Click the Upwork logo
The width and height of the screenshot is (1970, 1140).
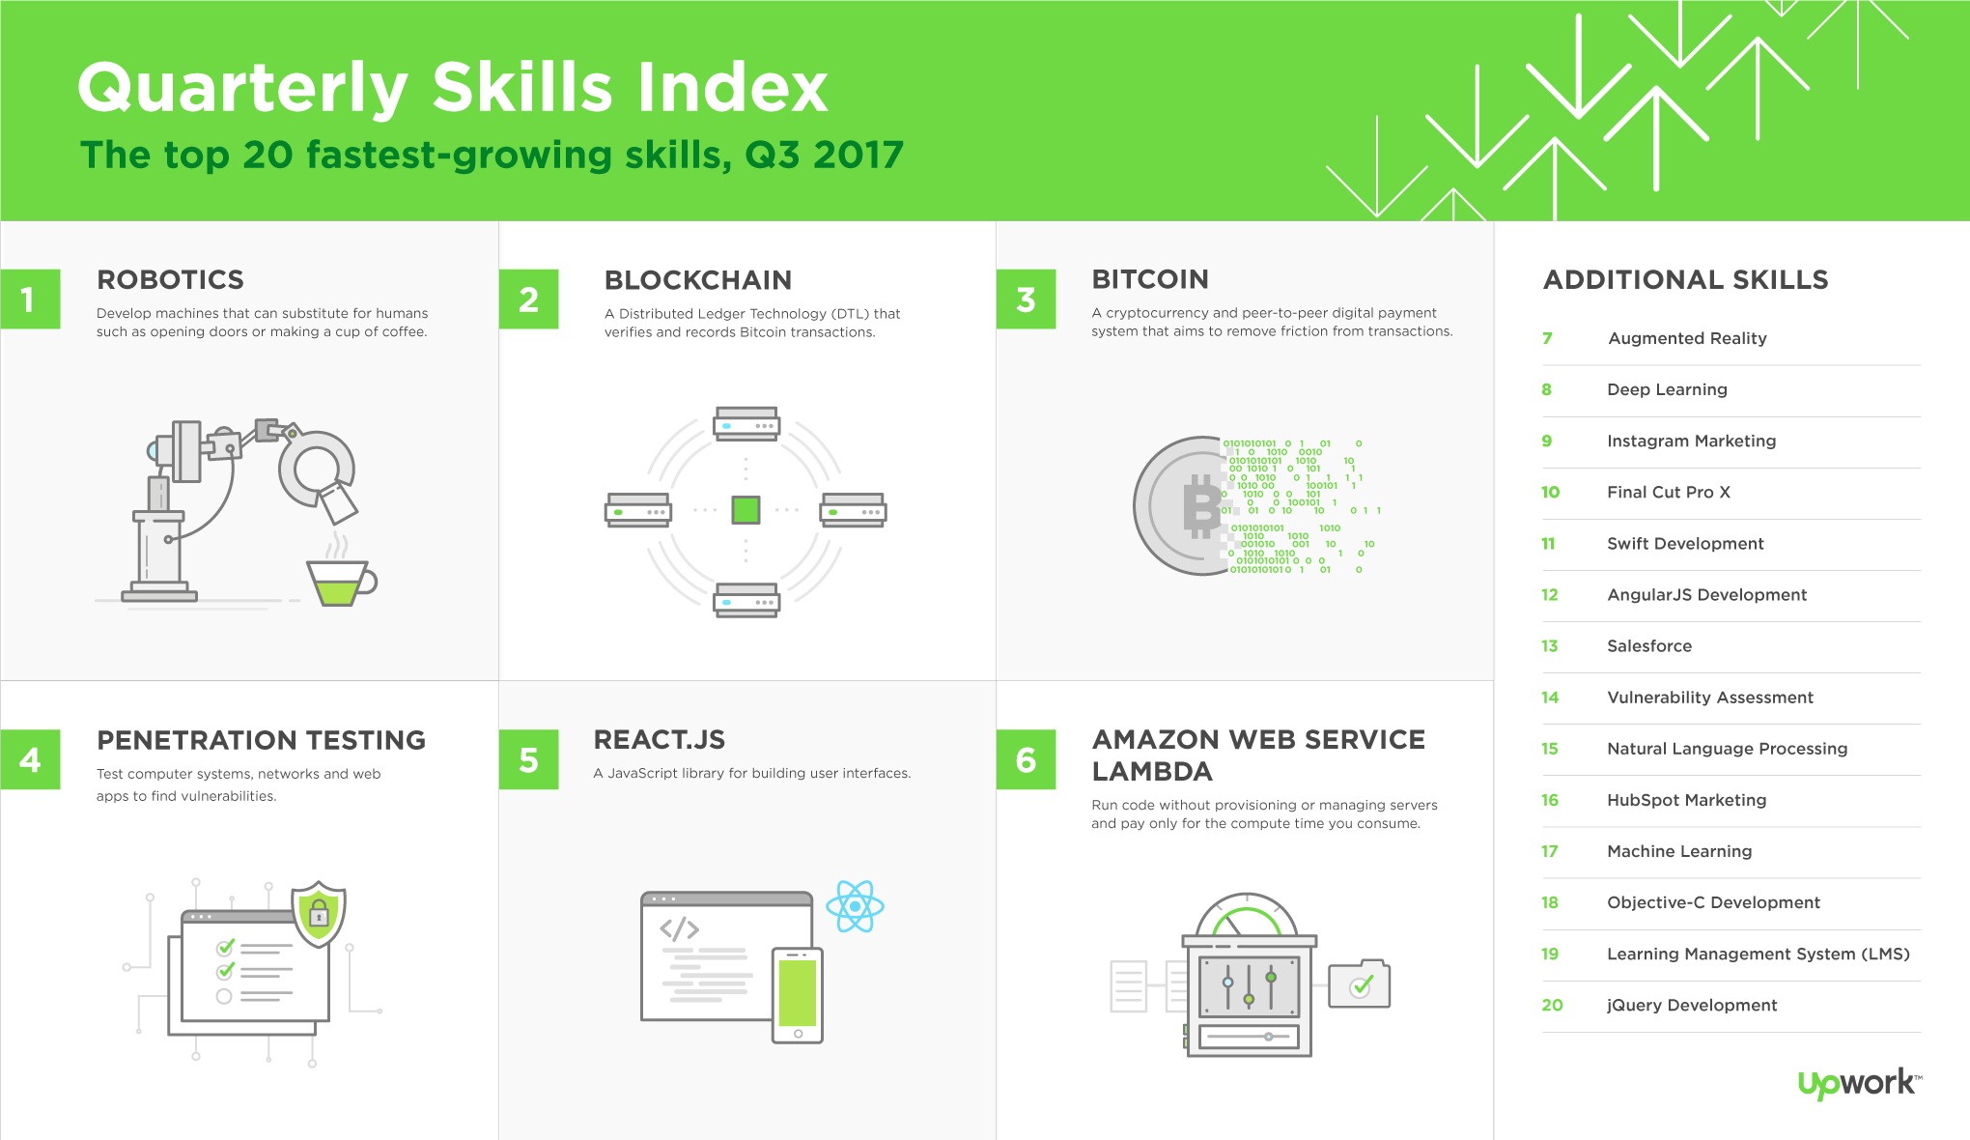tap(1859, 1083)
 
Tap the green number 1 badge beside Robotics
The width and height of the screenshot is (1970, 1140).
tap(30, 299)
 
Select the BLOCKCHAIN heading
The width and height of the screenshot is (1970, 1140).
tap(698, 280)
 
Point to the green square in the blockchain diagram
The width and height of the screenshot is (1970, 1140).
tap(746, 510)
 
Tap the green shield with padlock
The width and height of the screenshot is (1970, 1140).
tap(319, 912)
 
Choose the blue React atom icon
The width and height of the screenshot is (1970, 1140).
tap(855, 906)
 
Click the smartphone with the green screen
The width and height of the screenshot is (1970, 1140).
tap(798, 995)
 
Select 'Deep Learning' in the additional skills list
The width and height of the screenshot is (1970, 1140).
tap(1667, 389)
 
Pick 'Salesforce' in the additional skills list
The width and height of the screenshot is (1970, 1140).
tap(1649, 646)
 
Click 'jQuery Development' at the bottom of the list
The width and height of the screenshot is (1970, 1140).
tap(1692, 1005)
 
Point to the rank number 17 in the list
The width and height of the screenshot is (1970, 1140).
tap(1550, 851)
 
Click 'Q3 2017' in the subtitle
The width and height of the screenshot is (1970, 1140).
tap(824, 155)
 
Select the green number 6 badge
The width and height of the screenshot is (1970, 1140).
tap(1026, 759)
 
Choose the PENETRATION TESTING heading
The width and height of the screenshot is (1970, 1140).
tap(262, 740)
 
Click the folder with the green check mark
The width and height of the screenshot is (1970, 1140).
tap(1360, 983)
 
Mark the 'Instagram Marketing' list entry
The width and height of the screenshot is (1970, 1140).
tap(1692, 441)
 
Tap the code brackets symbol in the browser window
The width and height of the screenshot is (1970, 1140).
tap(680, 929)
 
